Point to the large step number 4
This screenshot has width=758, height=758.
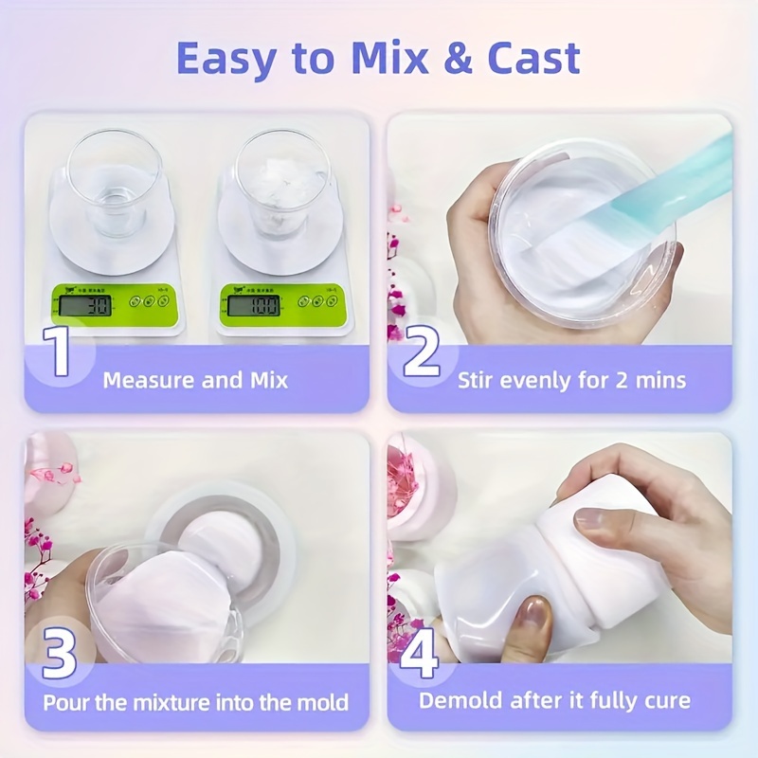pyautogui.click(x=422, y=653)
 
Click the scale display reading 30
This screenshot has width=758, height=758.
pyautogui.click(x=83, y=305)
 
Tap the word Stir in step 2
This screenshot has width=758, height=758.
pyautogui.click(x=476, y=381)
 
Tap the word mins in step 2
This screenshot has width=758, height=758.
pyautogui.click(x=661, y=381)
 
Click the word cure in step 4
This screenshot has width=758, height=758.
pyautogui.click(x=669, y=702)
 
